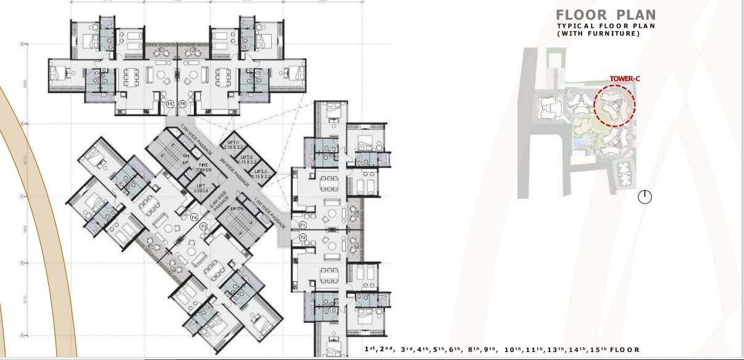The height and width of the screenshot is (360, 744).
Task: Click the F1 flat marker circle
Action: click(303, 225)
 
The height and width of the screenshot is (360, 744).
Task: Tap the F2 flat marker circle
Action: click(303, 237)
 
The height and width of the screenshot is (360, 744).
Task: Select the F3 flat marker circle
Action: click(203, 227)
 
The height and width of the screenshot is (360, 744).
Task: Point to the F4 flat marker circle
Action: click(194, 217)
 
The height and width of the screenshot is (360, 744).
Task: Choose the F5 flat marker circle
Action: click(170, 104)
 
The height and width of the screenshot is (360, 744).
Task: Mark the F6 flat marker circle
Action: click(182, 104)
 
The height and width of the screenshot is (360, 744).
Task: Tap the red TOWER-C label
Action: click(622, 79)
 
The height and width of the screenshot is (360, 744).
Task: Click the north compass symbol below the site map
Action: click(645, 197)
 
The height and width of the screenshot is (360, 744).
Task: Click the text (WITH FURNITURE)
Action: click(598, 33)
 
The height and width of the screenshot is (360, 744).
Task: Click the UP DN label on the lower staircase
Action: click(238, 210)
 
